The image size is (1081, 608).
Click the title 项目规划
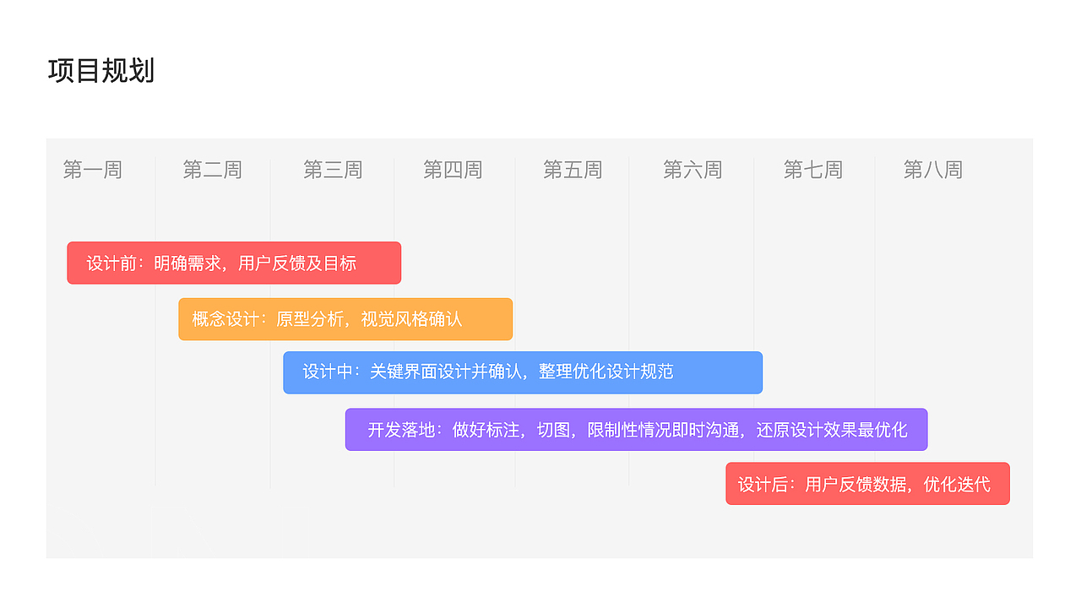(100, 70)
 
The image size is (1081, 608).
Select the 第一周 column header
(93, 170)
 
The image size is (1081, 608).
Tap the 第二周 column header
(212, 170)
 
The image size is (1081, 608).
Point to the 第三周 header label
(333, 170)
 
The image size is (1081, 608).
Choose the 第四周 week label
(453, 170)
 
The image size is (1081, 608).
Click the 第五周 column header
(573, 170)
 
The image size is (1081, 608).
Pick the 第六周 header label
(693, 170)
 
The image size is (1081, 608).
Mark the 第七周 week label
(812, 170)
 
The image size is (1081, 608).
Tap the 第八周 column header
(933, 170)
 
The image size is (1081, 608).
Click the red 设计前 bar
(234, 263)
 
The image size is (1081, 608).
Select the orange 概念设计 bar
(345, 319)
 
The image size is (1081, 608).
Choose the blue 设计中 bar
(523, 372)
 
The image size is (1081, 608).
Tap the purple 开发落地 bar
(636, 430)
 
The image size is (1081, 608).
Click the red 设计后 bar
(867, 484)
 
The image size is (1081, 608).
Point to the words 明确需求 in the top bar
(187, 263)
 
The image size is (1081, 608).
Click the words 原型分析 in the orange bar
(310, 319)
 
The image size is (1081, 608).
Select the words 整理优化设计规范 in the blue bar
(606, 372)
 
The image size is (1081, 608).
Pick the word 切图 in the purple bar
(553, 430)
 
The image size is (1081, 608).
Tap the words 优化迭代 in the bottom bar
(957, 485)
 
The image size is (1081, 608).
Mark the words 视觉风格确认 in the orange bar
(411, 319)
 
